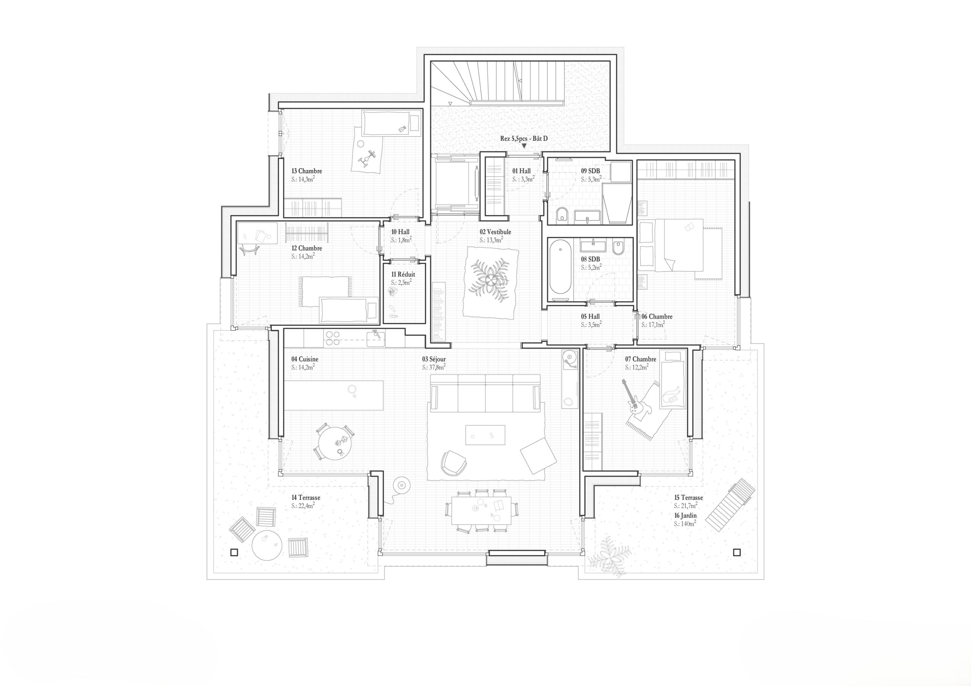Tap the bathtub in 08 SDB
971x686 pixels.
pos(560,267)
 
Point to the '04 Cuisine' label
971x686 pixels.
pos(305,359)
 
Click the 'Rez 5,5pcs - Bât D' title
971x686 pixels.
pos(523,138)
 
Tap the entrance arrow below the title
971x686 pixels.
pos(524,146)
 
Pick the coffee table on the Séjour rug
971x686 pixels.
pos(485,435)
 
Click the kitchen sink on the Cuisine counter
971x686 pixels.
pos(376,339)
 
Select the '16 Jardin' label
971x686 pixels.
pos(685,516)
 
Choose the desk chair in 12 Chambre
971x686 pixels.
pos(249,250)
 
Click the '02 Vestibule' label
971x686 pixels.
pos(495,232)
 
